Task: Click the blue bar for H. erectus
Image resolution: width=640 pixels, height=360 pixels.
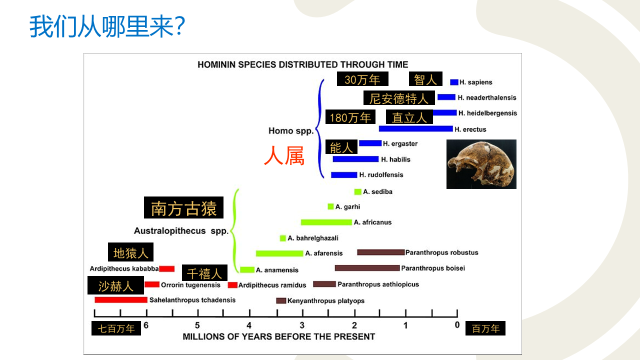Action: point(415,129)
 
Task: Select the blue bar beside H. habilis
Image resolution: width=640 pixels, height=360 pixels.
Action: point(355,159)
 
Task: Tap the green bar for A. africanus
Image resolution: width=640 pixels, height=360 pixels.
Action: point(326,222)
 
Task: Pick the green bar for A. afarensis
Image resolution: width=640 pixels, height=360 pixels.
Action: point(279,253)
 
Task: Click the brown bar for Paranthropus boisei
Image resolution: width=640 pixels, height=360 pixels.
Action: point(367,268)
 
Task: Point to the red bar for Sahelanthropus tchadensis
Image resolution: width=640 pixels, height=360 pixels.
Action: point(121,299)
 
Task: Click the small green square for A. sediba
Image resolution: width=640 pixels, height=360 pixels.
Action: point(357,191)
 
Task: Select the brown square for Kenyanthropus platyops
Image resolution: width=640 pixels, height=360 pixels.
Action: point(281,300)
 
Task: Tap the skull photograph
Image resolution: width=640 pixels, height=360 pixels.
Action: point(481,164)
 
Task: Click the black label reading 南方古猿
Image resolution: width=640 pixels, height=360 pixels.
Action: point(183,207)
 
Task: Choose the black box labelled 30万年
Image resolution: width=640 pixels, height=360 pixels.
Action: point(362,79)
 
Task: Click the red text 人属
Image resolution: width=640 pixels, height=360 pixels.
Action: point(284,155)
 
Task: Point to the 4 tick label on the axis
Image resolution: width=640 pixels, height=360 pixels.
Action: point(249,325)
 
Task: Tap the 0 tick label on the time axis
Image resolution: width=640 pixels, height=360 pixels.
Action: point(457,325)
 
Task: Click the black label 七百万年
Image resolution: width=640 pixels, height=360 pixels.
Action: point(116,328)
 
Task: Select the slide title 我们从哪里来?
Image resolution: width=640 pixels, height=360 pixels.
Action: point(107,26)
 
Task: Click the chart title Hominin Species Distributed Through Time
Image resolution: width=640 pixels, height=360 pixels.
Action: point(303,64)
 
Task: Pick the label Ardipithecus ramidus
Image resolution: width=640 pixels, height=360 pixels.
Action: point(272,285)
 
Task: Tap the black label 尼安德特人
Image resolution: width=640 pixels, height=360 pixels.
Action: point(399,98)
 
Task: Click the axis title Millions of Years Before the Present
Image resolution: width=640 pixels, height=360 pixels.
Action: point(279,336)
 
